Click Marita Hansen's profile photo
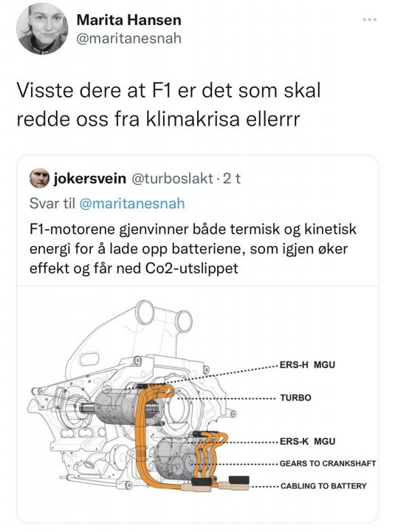click(x=42, y=29)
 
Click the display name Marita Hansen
click(x=129, y=20)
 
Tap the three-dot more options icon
click(x=370, y=20)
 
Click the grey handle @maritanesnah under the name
click(x=129, y=38)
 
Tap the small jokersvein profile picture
click(x=39, y=178)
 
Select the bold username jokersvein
click(x=90, y=178)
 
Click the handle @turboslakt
click(x=172, y=178)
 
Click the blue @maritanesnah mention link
click(x=132, y=204)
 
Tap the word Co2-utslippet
click(x=191, y=268)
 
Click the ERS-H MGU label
click(x=307, y=365)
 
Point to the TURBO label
click(x=295, y=398)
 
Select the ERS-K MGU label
click(x=307, y=441)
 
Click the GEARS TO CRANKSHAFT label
click(x=328, y=463)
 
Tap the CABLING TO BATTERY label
click(x=323, y=486)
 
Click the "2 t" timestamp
click(x=232, y=178)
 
